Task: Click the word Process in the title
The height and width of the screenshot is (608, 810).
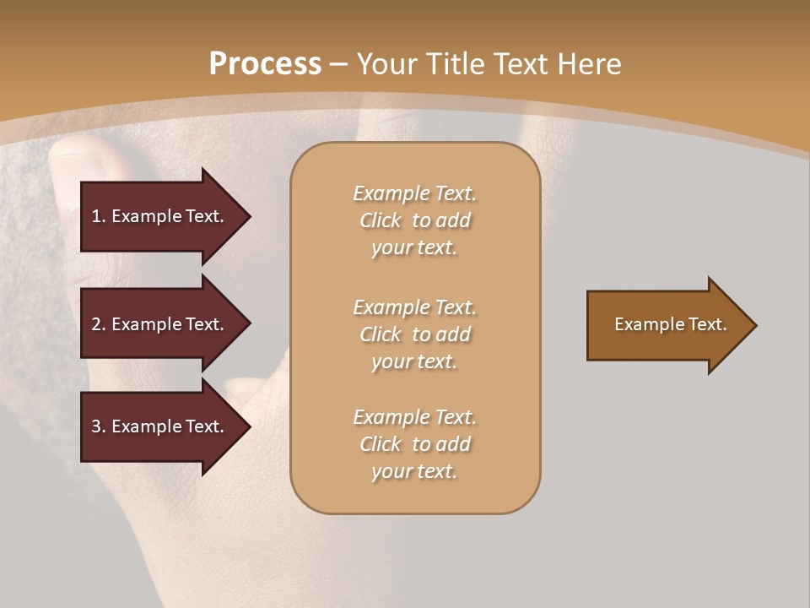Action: click(x=265, y=64)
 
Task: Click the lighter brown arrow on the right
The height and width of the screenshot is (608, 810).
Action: click(x=667, y=325)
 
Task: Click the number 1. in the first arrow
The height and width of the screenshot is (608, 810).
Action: click(x=99, y=216)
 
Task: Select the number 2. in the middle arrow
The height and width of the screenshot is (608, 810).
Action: click(x=99, y=324)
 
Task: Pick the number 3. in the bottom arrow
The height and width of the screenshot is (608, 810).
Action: click(x=99, y=426)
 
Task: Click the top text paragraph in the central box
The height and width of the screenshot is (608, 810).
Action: click(x=414, y=220)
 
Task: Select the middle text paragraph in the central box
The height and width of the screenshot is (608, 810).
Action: click(x=414, y=334)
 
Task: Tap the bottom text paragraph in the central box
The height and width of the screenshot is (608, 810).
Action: click(x=414, y=444)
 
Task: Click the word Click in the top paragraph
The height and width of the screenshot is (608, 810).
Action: click(x=381, y=220)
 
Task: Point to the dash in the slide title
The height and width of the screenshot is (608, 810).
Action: click(x=339, y=64)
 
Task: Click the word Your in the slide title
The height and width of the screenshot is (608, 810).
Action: click(x=386, y=64)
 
